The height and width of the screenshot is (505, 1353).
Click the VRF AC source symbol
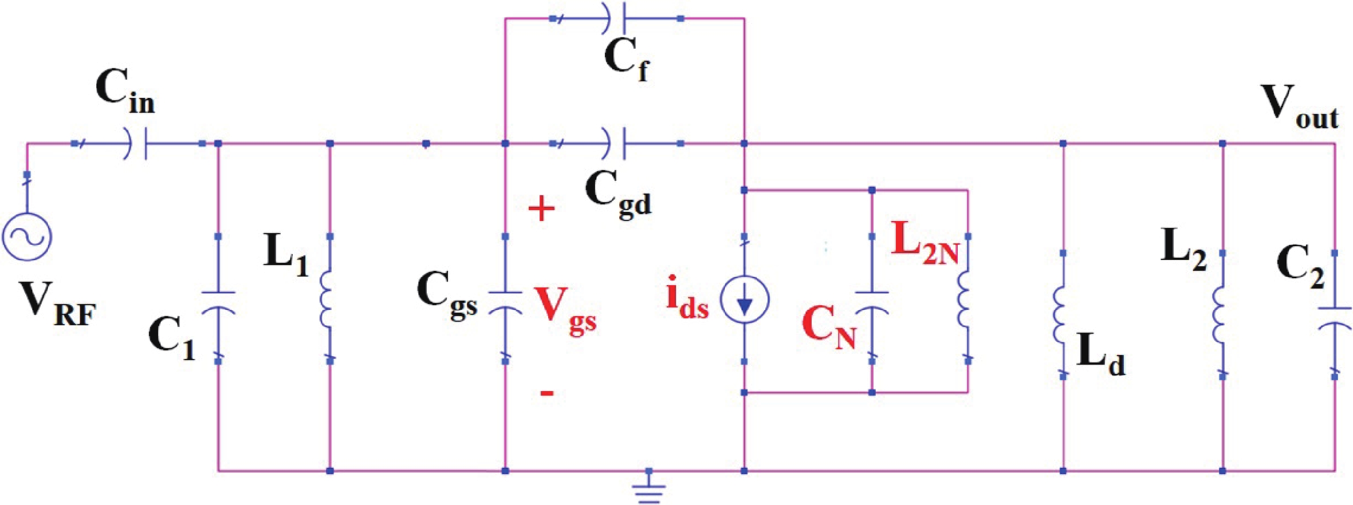27,236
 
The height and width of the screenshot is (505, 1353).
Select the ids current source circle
744,299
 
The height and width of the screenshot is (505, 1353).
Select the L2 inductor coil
1219,315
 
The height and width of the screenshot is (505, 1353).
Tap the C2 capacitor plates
1335,318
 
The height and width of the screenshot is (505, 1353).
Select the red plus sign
541,208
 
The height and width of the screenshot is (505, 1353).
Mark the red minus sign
547,393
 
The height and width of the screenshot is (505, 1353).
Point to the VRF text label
58,303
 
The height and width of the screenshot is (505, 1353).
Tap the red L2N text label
925,243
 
